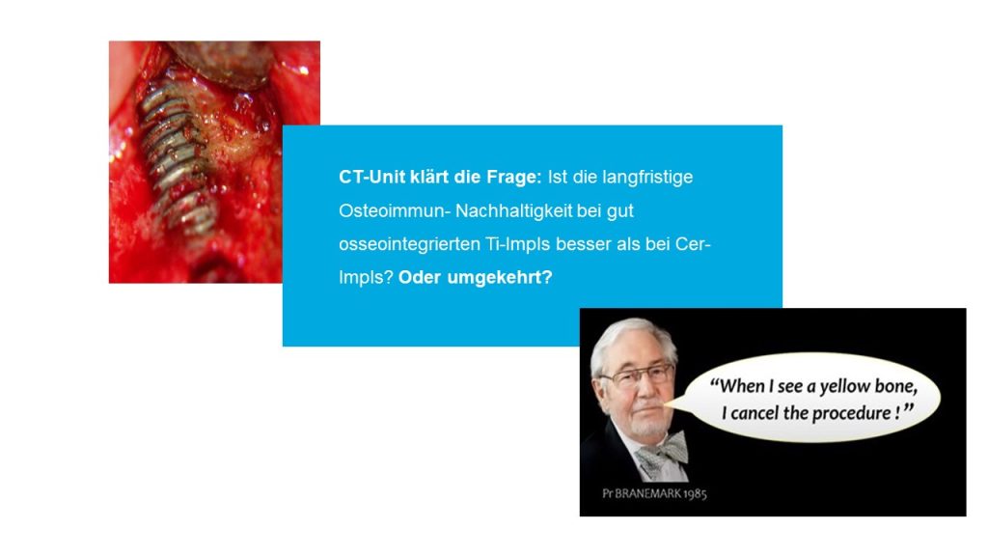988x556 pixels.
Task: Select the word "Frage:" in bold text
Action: (513, 178)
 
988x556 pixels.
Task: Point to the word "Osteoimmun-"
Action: (395, 210)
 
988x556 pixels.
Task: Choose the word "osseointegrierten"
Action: (409, 244)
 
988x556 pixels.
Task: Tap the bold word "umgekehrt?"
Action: (500, 278)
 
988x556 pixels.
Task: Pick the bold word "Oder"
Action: (420, 277)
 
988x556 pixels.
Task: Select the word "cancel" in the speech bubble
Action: (755, 413)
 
